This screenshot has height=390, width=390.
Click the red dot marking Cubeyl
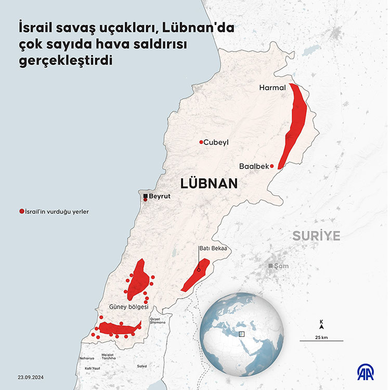(201, 142)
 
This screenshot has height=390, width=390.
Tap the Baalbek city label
(254, 166)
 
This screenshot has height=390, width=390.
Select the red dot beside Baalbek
(272, 166)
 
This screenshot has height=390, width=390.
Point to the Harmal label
(272, 88)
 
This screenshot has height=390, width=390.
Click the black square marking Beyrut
(145, 196)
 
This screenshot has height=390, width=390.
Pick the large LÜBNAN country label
(209, 183)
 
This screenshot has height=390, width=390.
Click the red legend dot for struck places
(21, 212)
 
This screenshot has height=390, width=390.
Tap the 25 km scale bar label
(321, 337)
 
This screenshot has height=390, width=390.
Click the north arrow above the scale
(321, 326)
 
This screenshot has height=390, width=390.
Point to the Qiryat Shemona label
(157, 320)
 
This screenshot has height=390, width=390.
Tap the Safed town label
(141, 366)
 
